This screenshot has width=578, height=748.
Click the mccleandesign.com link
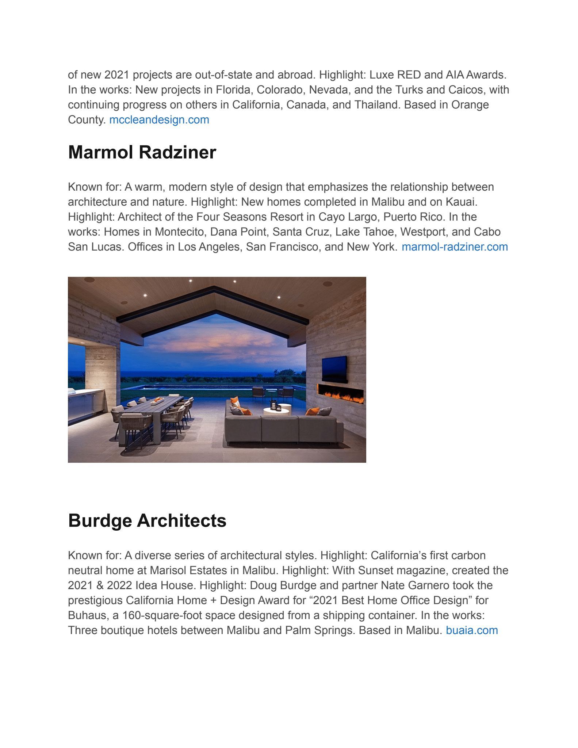click(x=159, y=120)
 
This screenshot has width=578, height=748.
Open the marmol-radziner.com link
click(x=455, y=247)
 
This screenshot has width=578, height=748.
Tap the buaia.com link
click(x=472, y=630)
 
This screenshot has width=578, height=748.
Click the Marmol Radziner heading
click(x=142, y=152)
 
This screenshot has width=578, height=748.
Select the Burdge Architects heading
click(x=147, y=520)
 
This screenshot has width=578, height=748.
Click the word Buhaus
click(x=88, y=615)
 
